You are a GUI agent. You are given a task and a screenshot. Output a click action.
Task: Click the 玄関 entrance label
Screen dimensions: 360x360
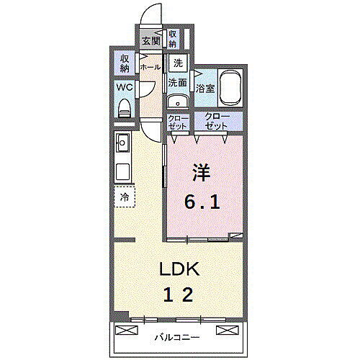tap(151, 40)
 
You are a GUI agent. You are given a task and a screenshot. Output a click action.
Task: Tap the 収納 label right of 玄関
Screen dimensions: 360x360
tap(174, 38)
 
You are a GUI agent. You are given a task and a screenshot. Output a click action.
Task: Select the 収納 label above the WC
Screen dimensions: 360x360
tap(125, 63)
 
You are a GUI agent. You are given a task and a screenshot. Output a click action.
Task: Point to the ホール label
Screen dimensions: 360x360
tap(150, 67)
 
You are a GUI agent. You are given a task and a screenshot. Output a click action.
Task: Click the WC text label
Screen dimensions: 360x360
tap(124, 88)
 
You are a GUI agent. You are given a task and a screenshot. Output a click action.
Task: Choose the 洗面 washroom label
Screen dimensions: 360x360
tap(178, 83)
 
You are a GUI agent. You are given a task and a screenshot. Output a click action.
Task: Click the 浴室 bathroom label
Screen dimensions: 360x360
tap(205, 89)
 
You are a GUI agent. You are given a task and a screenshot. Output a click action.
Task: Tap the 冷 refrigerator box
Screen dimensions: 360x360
tap(125, 197)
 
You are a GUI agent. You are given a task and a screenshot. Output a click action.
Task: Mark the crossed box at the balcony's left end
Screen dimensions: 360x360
tap(125, 330)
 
